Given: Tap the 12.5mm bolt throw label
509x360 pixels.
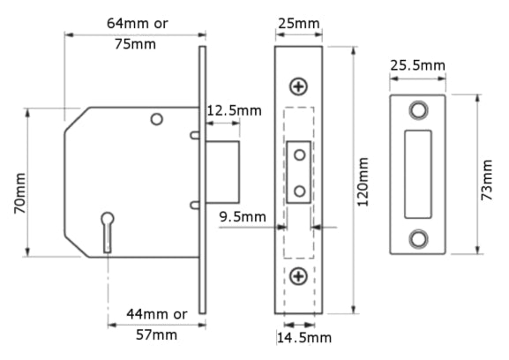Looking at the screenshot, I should (x=234, y=110).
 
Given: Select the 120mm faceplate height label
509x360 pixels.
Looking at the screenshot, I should (x=363, y=180).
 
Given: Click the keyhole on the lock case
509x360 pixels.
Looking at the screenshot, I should (x=108, y=226).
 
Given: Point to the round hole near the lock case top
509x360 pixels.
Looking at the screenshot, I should (x=156, y=119).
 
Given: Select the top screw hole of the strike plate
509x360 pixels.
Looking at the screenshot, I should (x=417, y=109).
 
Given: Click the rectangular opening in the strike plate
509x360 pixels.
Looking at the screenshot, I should (x=417, y=174).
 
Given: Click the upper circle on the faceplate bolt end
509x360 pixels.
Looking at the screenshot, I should (x=300, y=155).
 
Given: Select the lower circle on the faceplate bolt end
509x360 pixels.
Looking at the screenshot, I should (x=300, y=190).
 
